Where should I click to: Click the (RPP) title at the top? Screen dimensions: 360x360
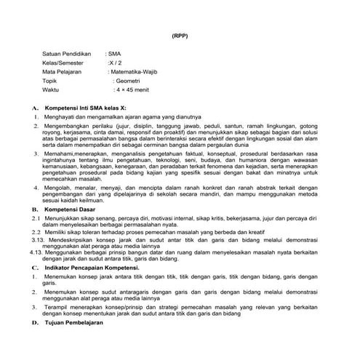[x=180, y=36]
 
